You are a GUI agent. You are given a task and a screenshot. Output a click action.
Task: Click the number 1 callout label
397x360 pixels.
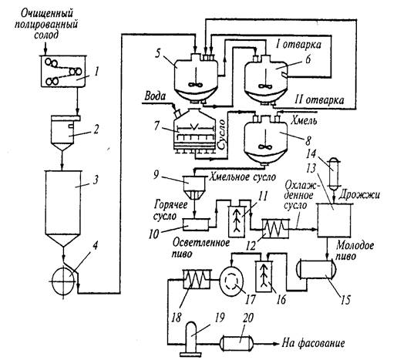pyautogui.click(x=96, y=72)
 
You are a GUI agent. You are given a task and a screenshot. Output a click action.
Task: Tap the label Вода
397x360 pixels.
pyautogui.click(x=155, y=96)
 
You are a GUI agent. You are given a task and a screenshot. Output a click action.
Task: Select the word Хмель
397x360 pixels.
pyautogui.click(x=304, y=120)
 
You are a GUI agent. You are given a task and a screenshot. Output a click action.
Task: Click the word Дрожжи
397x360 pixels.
pyautogui.click(x=359, y=195)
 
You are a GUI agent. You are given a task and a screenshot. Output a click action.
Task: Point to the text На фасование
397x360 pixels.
pyautogui.click(x=314, y=343)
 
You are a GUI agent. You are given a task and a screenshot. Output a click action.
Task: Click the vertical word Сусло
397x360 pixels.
pyautogui.click(x=220, y=134)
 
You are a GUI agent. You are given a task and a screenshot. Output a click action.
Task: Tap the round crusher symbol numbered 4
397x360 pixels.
pyautogui.click(x=64, y=281)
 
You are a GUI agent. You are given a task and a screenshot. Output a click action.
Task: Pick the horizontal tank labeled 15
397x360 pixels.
pyautogui.click(x=317, y=270)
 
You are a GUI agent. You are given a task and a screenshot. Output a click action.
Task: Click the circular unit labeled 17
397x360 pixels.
pyautogui.click(x=231, y=280)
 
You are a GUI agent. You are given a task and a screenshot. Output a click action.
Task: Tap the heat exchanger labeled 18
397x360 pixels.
pyautogui.click(x=197, y=279)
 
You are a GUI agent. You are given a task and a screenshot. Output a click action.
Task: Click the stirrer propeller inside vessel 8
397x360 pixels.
pyautogui.click(x=264, y=146)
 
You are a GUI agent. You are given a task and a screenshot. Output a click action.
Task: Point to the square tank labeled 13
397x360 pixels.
pyautogui.click(x=334, y=220)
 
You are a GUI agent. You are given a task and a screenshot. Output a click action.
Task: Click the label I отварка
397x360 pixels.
pyautogui.click(x=298, y=45)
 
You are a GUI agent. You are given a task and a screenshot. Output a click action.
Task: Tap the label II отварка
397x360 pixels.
pyautogui.click(x=319, y=99)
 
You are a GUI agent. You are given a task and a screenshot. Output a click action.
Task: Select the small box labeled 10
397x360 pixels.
pyautogui.click(x=196, y=224)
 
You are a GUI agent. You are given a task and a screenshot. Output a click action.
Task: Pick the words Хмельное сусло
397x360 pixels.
pyautogui.click(x=243, y=177)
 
